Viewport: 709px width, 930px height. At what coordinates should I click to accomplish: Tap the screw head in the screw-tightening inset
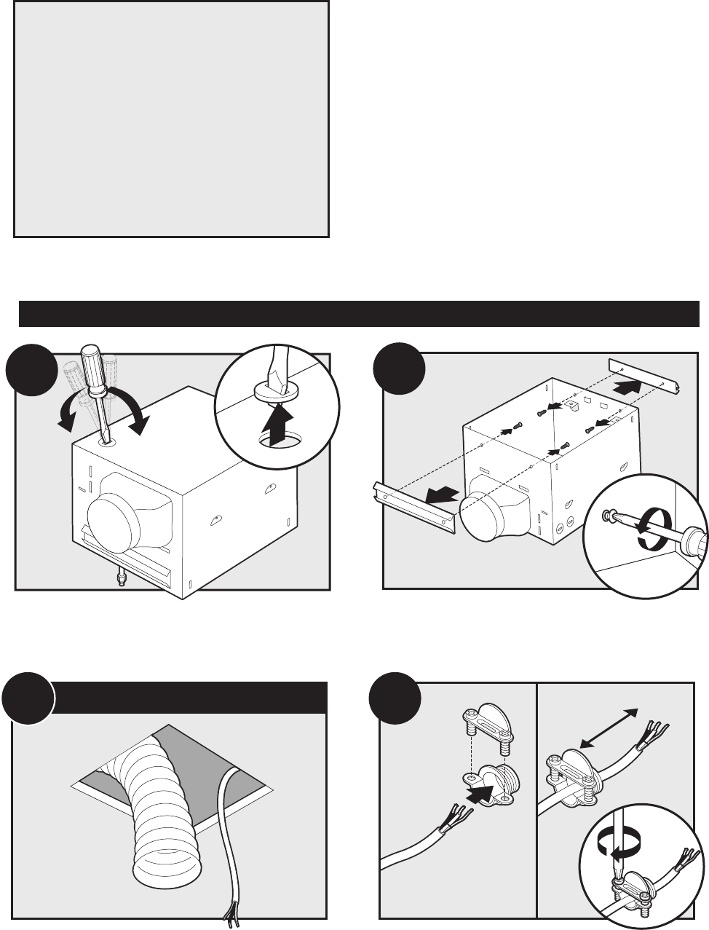(x=606, y=515)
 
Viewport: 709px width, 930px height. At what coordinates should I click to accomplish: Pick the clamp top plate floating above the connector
(x=483, y=729)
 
